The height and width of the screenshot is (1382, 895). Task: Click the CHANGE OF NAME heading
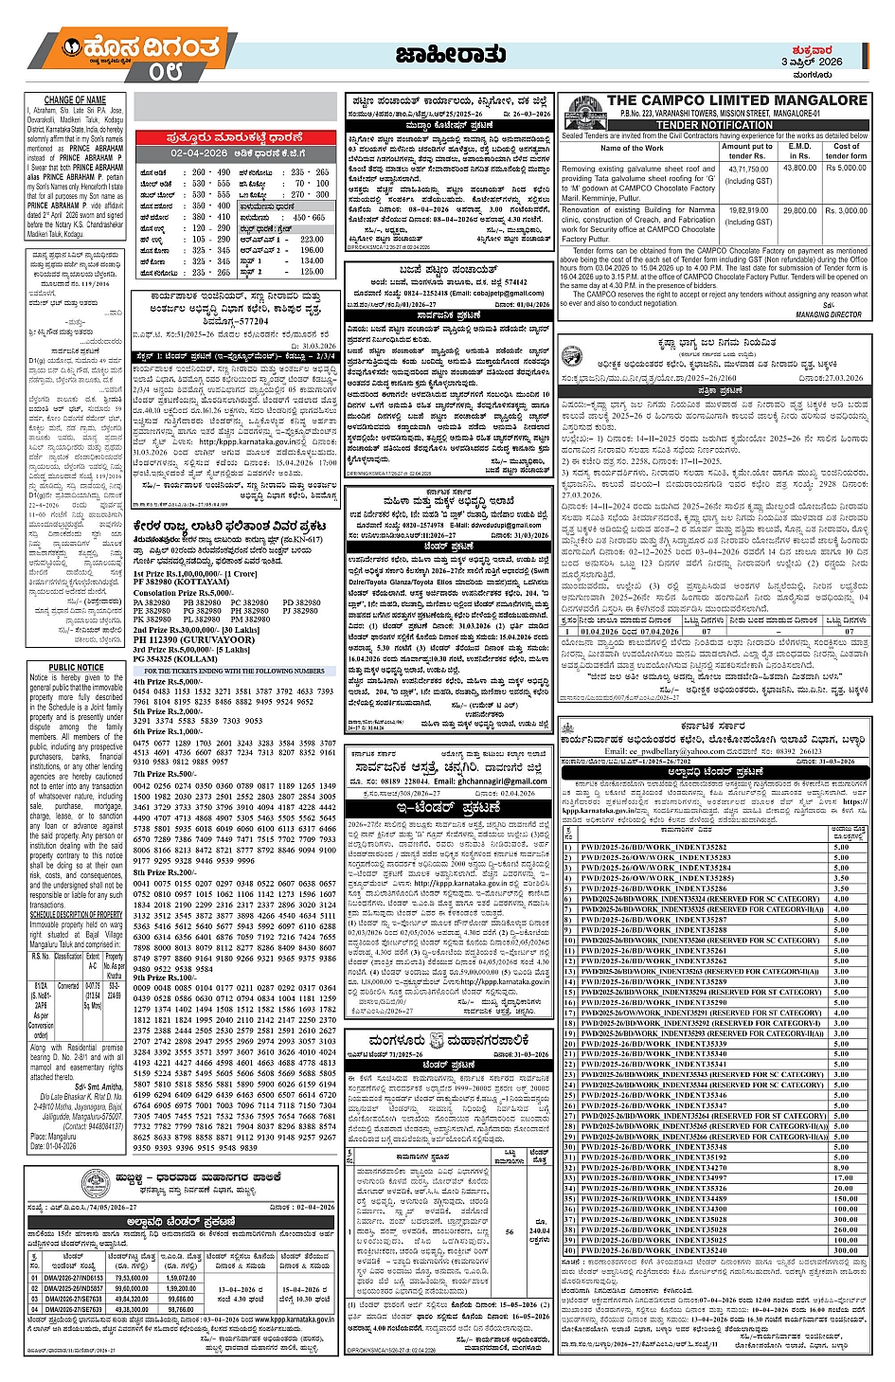tap(75, 99)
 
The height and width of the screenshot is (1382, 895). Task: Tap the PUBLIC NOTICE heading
tap(76, 667)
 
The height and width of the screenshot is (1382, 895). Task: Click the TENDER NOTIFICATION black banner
tap(714, 125)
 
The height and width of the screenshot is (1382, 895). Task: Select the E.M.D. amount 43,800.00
tap(799, 169)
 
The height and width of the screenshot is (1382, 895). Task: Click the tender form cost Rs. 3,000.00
tap(846, 211)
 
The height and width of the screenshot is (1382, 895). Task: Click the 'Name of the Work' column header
tap(632, 149)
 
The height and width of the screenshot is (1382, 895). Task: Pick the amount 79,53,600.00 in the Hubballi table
tap(132, 1278)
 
